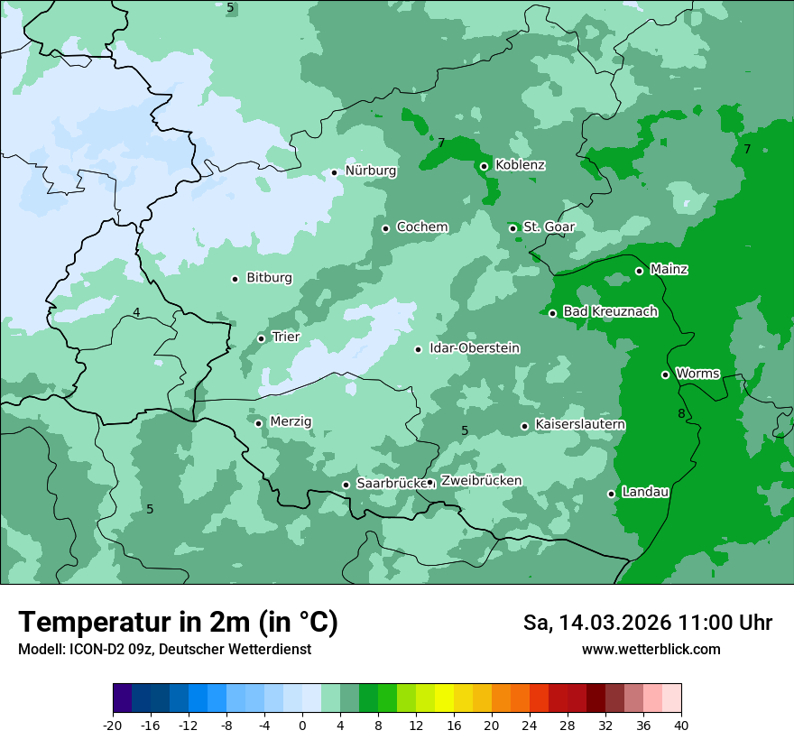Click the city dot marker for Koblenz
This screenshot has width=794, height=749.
tap(484, 166)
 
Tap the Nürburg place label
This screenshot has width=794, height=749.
tap(370, 171)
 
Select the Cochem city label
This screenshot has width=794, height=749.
tap(421, 227)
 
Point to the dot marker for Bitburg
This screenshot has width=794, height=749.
tap(235, 279)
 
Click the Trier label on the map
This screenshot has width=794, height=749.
tap(285, 338)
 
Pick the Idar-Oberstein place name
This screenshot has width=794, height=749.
tap(475, 348)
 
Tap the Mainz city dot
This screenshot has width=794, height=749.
tap(639, 271)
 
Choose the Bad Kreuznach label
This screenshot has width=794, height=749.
tap(610, 312)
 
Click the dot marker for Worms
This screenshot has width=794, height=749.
tap(665, 374)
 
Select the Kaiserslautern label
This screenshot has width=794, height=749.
tap(580, 425)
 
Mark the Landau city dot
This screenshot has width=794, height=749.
tap(611, 494)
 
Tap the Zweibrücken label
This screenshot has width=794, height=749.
tap(481, 481)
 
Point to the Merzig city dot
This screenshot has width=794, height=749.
tap(258, 423)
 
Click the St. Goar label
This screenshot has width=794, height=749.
tap(544, 227)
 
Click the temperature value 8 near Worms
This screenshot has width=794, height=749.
tap(681, 414)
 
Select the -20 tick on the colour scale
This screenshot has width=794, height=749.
tap(113, 726)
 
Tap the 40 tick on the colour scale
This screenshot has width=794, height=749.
tap(681, 726)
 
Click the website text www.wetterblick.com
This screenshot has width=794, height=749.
tap(651, 650)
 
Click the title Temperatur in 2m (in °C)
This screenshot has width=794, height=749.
tap(178, 623)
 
